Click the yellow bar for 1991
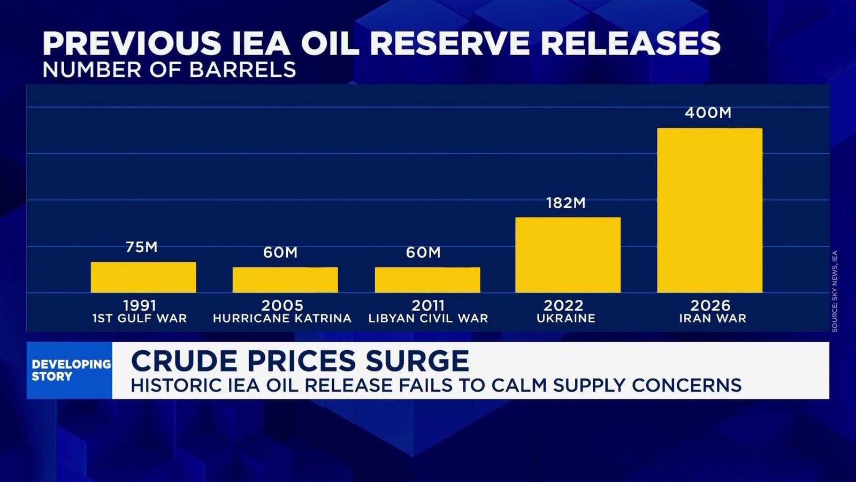pos(143,277)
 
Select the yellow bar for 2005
pos(285,280)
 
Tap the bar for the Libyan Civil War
pos(427,280)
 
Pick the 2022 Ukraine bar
pos(568,255)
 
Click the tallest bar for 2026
pos(709,210)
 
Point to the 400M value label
pos(708,113)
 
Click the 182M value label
pos(565,203)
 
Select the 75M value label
pos(141,247)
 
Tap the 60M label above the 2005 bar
pos(280,252)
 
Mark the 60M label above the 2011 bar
pos(423,252)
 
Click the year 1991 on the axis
pos(140,305)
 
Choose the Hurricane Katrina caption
pos(282,319)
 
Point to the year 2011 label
pos(428,305)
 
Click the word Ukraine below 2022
pos(565,319)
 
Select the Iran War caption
pos(713,319)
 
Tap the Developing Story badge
pos(70,370)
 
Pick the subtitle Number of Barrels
pos(169,70)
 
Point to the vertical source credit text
pos(835,291)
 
